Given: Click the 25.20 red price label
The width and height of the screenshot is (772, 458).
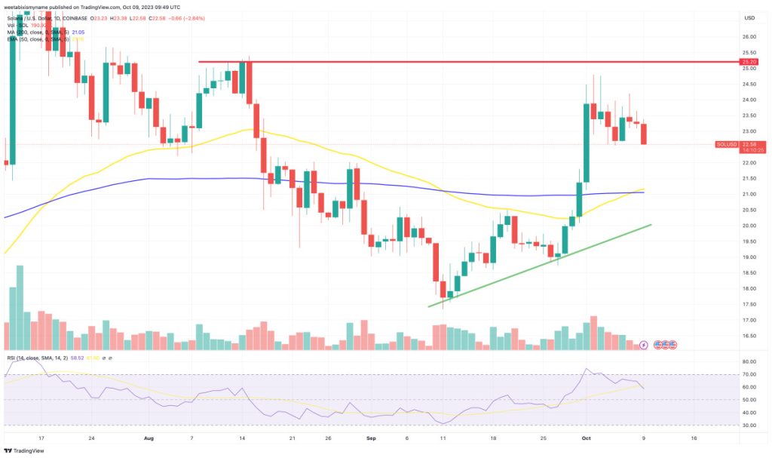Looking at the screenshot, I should pyautogui.click(x=749, y=62).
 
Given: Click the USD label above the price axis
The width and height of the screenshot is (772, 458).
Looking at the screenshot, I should pyautogui.click(x=749, y=17).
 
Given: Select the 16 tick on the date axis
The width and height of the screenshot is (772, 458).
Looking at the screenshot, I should pyautogui.click(x=694, y=437).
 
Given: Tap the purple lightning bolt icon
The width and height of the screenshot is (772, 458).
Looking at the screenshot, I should pyautogui.click(x=643, y=345).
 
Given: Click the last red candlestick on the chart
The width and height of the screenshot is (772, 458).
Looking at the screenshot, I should pyautogui.click(x=642, y=134).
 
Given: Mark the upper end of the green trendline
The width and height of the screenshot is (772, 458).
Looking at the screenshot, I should pyautogui.click(x=650, y=224).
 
